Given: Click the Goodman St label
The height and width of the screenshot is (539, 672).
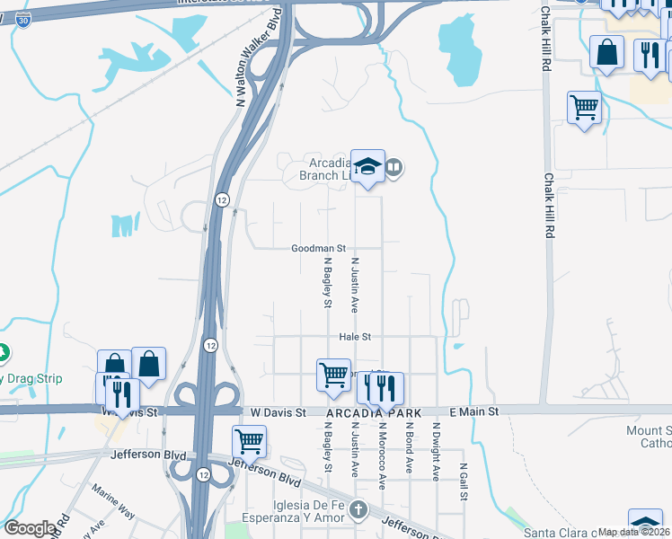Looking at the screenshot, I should [x=317, y=248].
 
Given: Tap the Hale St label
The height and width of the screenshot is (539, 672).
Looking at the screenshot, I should [x=355, y=337].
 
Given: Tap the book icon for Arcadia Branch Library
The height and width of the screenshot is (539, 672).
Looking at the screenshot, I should [x=394, y=167].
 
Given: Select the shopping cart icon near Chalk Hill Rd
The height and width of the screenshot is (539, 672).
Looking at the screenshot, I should [x=584, y=108].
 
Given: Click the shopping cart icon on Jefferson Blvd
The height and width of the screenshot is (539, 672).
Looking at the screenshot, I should [x=249, y=440].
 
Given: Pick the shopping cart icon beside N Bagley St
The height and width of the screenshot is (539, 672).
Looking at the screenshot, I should [x=333, y=373].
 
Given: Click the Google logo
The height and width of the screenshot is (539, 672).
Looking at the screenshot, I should [x=30, y=528].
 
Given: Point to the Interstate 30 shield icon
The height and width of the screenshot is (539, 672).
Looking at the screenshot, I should [x=21, y=19].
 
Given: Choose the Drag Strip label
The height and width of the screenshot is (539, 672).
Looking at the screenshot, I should [x=32, y=378].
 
